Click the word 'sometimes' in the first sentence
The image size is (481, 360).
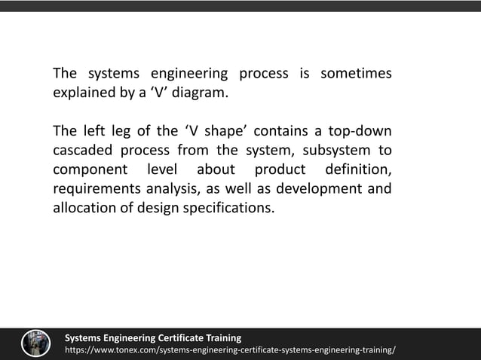coord(356,74)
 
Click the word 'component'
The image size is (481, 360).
coord(88,169)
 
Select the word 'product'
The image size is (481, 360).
coord(280,169)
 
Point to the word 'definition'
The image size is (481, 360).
coord(357,169)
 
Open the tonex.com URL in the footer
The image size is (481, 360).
coord(229,351)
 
